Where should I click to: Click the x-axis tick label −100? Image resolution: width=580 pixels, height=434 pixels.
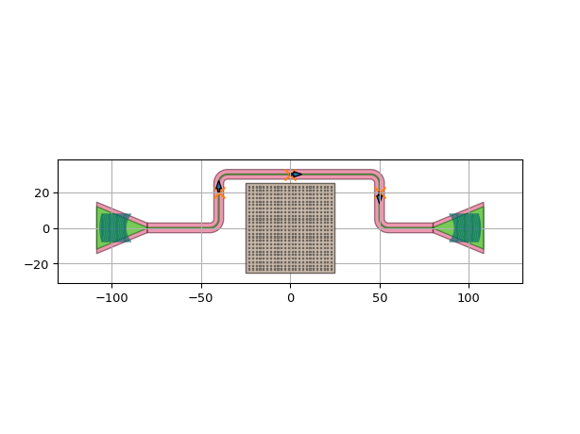112,298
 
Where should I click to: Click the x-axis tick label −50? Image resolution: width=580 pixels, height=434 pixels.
201,298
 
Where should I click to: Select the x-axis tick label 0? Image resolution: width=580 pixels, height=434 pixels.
291,298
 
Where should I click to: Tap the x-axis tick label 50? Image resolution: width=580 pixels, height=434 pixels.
380,298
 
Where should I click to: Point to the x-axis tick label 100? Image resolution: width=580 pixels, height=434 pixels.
469,298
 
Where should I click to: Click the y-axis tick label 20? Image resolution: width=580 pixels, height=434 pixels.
42,193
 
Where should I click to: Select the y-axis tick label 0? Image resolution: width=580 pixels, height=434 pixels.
46,229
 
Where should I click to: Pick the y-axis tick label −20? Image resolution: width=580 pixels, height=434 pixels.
37,264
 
